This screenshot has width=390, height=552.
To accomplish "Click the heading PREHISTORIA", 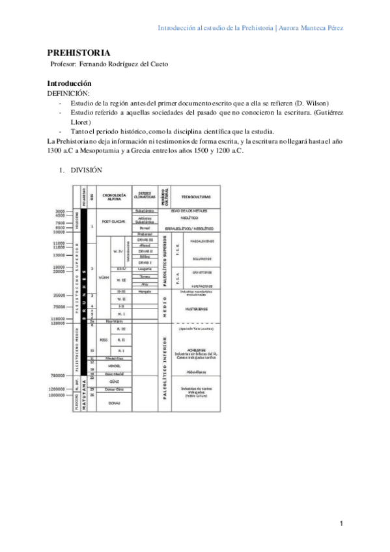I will [79, 53].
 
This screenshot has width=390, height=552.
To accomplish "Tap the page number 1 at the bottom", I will [341, 523].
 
